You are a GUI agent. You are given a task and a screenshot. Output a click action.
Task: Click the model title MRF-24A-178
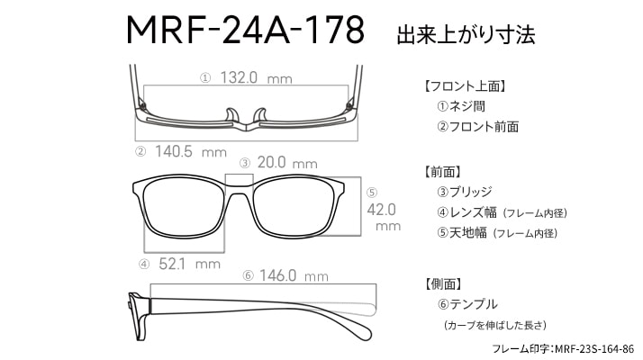coord(245,30)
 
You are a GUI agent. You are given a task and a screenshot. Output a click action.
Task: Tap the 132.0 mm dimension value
coord(257,77)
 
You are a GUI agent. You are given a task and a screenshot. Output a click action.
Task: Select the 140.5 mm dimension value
coord(191,152)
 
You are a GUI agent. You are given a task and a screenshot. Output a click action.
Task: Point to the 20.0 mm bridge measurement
coord(287,163)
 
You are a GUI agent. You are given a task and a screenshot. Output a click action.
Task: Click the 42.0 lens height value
coord(381,210)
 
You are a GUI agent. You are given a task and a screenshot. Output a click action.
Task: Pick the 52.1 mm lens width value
coord(189,264)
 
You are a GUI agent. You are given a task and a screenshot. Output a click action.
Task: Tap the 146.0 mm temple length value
coord(294,275)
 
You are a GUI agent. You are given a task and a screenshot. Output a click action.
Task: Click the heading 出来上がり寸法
coord(466,34)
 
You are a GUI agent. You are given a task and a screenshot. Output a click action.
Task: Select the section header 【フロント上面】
coord(465,86)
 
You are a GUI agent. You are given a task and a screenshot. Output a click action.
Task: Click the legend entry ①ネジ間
coord(461,106)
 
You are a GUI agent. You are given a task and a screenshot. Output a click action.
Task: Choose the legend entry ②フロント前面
coord(477,127)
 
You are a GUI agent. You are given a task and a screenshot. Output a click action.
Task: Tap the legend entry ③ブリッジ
coord(464,192)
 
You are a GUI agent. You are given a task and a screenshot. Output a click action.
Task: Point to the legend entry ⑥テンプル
coord(467,304)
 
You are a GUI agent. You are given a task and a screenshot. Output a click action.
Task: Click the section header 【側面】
coord(443,283)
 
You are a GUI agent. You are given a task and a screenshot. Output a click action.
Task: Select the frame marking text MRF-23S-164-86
coord(594,349)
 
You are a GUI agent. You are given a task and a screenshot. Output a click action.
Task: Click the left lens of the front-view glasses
coord(184,209)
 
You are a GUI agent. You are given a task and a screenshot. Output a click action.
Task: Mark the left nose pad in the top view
coord(231,115)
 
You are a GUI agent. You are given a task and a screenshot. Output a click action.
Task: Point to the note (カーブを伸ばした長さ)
coord(495,325)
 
